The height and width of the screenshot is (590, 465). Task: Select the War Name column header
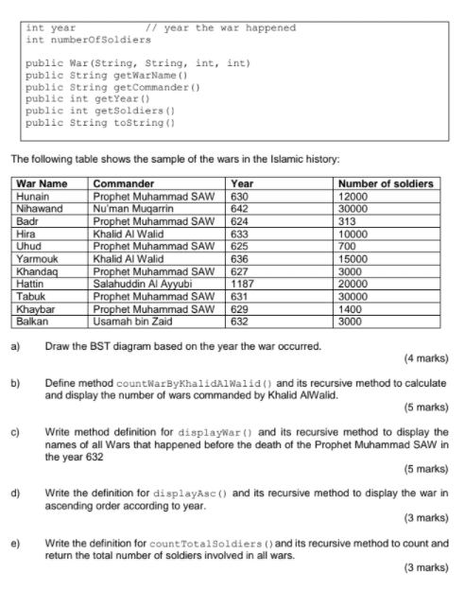tap(43, 183)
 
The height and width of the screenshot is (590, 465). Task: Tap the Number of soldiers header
tap(386, 183)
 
